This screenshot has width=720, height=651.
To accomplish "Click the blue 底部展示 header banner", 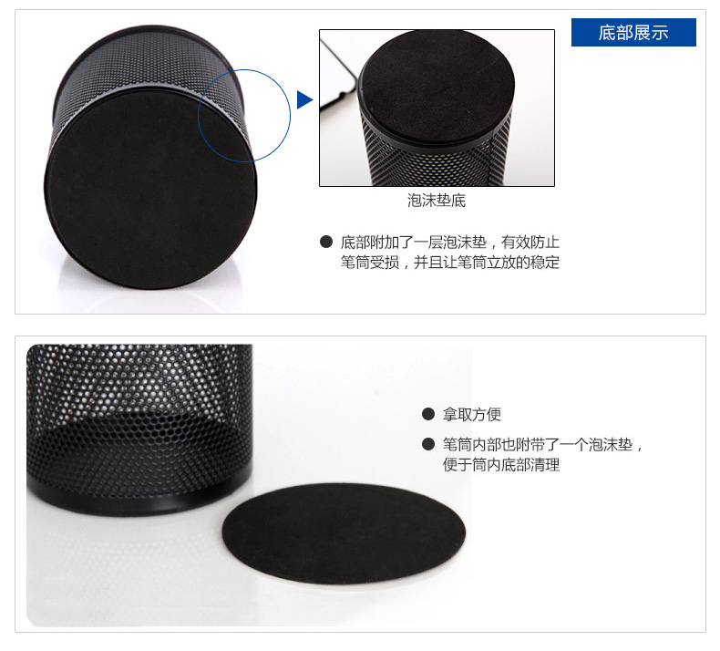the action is [x=633, y=32].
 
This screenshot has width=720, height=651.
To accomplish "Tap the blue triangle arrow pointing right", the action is [x=304, y=100].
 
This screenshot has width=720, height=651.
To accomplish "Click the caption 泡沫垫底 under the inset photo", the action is [x=437, y=201].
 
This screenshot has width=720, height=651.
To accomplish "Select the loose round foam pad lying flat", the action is [x=344, y=533].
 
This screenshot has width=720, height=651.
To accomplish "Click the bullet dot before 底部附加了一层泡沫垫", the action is [x=326, y=242].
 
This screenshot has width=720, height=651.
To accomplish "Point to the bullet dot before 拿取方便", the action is [x=428, y=414].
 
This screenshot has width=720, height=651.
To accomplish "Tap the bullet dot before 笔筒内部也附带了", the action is [x=428, y=444].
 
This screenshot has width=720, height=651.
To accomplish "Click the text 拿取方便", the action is [x=471, y=415].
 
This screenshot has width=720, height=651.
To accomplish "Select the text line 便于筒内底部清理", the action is [x=501, y=464].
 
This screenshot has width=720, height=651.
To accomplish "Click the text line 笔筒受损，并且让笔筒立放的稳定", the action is [x=450, y=263].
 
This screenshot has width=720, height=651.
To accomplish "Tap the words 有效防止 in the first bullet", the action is [x=530, y=243].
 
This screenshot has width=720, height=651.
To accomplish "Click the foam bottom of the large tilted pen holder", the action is [x=151, y=189].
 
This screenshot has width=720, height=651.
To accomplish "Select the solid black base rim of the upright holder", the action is [x=138, y=496].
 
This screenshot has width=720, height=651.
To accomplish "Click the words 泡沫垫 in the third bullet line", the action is [x=611, y=444].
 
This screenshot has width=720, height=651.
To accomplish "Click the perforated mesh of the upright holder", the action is [x=138, y=413].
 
